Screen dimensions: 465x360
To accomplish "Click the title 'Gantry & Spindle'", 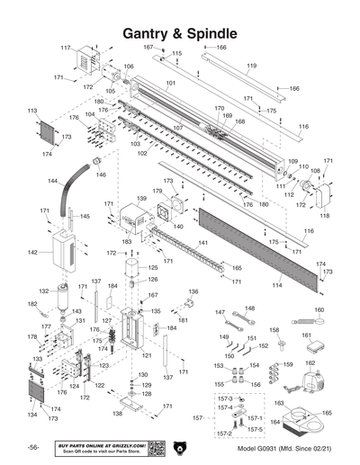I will [x=179, y=33].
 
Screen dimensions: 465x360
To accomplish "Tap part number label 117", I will [x=66, y=47].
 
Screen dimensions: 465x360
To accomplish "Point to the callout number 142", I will [x=32, y=253].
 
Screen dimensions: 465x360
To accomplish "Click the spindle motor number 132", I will [x=43, y=291].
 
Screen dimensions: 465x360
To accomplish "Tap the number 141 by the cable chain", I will [x=203, y=243].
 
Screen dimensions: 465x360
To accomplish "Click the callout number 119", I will [x=251, y=66].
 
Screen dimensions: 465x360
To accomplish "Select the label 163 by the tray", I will [x=280, y=404].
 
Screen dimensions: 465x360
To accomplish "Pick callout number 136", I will [x=191, y=291].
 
